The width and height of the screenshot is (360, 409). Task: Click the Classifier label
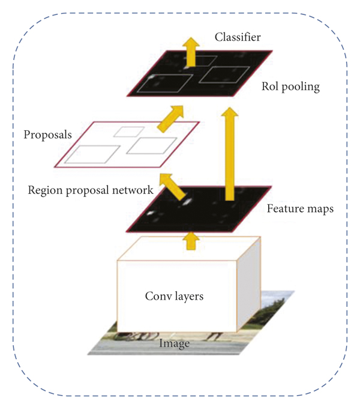pos(238,38)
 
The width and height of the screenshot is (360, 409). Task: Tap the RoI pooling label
pos(290,86)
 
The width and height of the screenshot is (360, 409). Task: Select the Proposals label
pos(47,134)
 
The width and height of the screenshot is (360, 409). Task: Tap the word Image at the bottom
pos(174,344)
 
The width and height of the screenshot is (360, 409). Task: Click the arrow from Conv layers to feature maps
pos(191,240)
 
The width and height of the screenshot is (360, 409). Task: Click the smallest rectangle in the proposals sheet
pos(128,130)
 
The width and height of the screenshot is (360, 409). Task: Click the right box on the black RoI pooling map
pos(223,75)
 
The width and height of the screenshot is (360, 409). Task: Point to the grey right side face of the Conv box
pos(251,282)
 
